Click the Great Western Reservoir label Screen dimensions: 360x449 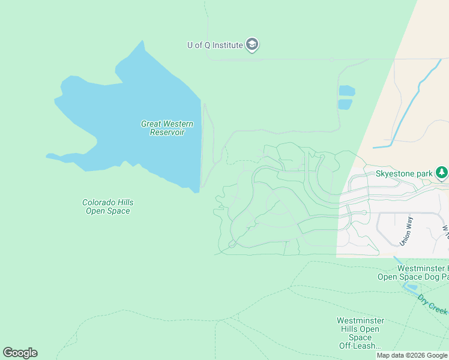tap(167, 128)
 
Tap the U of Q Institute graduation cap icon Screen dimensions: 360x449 tap(253, 45)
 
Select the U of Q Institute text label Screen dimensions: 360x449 tap(215, 45)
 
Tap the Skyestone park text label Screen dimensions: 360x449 tap(404, 174)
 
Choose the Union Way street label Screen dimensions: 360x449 tap(406, 231)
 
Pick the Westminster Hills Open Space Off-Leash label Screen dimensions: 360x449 tap(360, 333)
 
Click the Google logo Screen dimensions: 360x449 tap(20, 353)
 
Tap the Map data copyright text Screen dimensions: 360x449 tap(412, 356)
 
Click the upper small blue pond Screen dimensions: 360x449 tap(346, 91)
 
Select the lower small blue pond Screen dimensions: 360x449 tap(345, 104)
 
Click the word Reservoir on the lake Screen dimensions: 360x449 tap(167, 132)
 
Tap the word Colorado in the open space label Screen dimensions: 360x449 tap(99, 203)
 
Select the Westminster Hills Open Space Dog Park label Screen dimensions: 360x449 tap(413, 272)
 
